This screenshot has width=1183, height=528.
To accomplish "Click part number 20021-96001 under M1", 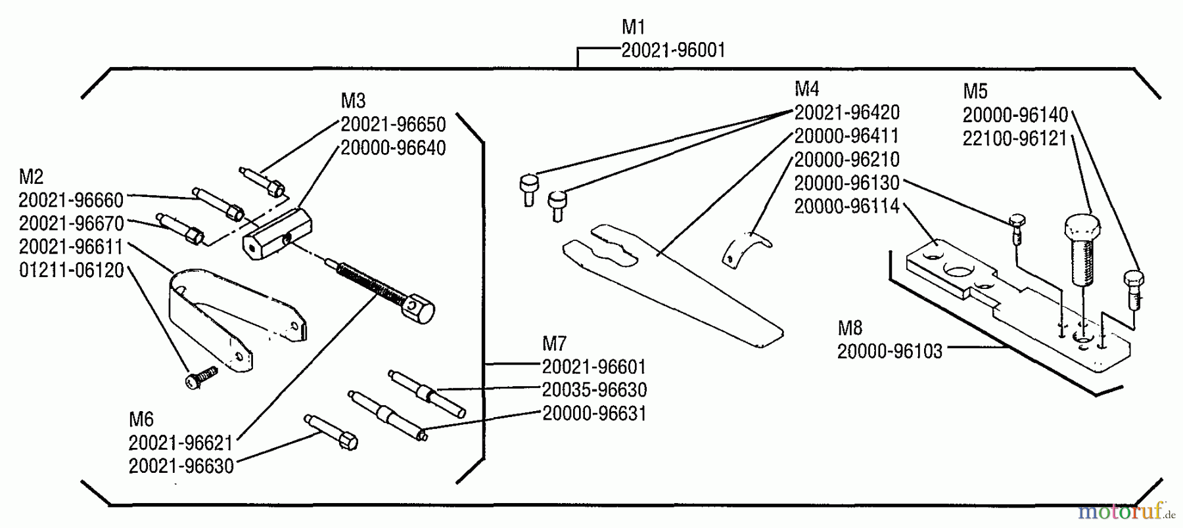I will coord(673,51).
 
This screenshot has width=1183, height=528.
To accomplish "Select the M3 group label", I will coord(353,100).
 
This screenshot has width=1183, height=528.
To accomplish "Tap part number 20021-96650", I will coord(393,124).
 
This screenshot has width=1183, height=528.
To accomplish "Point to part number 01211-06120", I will coord(71,271).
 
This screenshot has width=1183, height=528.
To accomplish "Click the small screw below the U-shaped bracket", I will coord(200,377).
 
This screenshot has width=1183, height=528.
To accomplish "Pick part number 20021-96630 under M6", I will coord(181,466).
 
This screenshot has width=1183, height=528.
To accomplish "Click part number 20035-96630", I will coord(594,389).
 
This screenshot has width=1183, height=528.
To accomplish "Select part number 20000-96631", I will coord(594,413).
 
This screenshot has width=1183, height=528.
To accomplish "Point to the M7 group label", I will coord(554,343).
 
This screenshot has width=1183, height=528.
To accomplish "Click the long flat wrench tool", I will coord(670,282).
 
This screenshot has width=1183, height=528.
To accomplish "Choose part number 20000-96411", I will coord(847,136).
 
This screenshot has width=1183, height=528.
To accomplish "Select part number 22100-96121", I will coord(1015,139).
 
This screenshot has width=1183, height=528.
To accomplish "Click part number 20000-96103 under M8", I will coord(889,351).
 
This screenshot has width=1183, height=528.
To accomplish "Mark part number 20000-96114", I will coord(847,206).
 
